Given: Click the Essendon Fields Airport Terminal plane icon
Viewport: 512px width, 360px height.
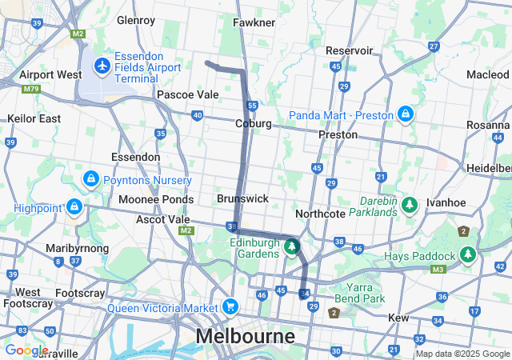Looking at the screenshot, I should tap(102, 64).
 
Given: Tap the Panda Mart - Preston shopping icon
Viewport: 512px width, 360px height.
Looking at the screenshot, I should tap(406, 114).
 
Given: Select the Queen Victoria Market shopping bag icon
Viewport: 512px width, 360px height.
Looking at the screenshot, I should tap(230, 306).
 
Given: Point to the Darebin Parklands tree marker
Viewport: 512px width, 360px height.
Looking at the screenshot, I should tap(410, 205).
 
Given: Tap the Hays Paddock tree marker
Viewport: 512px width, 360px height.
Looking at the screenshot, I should tap(468, 255).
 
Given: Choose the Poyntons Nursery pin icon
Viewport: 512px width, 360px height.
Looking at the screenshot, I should tap(90, 178).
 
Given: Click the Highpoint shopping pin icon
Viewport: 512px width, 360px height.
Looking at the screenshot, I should tap(74, 206).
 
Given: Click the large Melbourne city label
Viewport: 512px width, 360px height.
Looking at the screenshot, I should tap(246, 335).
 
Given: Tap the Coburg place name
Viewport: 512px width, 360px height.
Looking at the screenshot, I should tap(254, 124).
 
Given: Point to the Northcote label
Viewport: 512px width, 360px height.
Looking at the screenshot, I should tap(319, 214).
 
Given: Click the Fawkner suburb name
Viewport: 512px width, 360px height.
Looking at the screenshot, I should tap(254, 22).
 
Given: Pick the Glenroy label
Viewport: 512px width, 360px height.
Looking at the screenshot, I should tap(135, 19).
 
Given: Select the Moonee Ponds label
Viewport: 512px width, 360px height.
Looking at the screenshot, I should tap(156, 199).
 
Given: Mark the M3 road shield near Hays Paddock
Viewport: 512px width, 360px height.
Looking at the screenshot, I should tap(438, 269).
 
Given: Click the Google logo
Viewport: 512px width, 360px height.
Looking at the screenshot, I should tap(26, 350).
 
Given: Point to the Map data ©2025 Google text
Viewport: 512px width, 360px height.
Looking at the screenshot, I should tap(462, 354).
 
